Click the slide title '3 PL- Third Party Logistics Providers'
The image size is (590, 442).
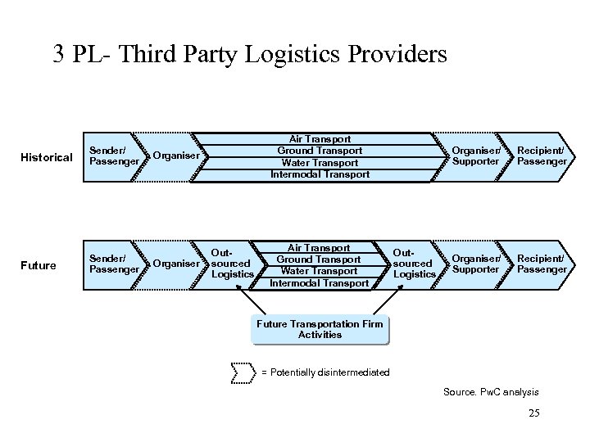(250, 55)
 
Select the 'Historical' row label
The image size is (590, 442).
(46, 157)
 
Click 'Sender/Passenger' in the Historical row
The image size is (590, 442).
(112, 156)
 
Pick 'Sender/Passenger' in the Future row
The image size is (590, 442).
(112, 264)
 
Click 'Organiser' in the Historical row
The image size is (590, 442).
(175, 156)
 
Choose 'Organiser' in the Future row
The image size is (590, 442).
(175, 264)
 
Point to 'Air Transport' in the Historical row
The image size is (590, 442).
(320, 139)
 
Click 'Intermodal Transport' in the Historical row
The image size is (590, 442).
(320, 174)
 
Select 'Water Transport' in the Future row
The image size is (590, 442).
(320, 271)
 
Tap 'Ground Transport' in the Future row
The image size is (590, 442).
(320, 259)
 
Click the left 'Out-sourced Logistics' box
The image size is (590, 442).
(232, 264)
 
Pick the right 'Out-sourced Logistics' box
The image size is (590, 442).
(414, 264)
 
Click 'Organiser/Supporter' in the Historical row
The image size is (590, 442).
(475, 156)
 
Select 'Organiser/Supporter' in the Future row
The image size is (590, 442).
(475, 264)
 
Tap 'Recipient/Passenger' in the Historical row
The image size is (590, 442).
(542, 156)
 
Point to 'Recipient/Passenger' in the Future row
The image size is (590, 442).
(542, 264)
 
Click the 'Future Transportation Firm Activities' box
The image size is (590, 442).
(320, 329)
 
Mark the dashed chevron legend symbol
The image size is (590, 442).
(244, 372)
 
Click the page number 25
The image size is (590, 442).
(533, 413)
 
